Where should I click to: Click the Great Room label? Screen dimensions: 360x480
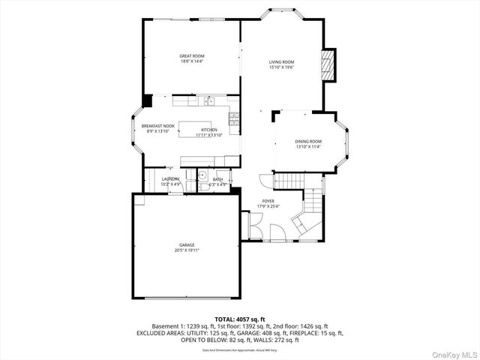click(x=192, y=55)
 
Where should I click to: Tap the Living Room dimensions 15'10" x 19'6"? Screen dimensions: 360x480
click(x=282, y=67)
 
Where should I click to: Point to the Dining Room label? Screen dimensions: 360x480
click(x=308, y=141)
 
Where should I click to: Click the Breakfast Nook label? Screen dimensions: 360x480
click(x=157, y=125)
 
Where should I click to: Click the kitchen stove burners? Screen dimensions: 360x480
click(x=234, y=118)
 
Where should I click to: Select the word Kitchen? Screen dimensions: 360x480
click(x=208, y=130)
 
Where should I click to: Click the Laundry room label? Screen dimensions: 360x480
click(x=170, y=178)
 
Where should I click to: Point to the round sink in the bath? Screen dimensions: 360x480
click(x=202, y=175)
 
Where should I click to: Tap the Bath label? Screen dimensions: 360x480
click(x=217, y=178)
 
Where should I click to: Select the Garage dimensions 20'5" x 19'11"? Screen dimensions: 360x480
click(x=187, y=250)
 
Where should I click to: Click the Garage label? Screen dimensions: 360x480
click(x=187, y=244)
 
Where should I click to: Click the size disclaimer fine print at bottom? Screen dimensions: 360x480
click(x=240, y=349)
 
